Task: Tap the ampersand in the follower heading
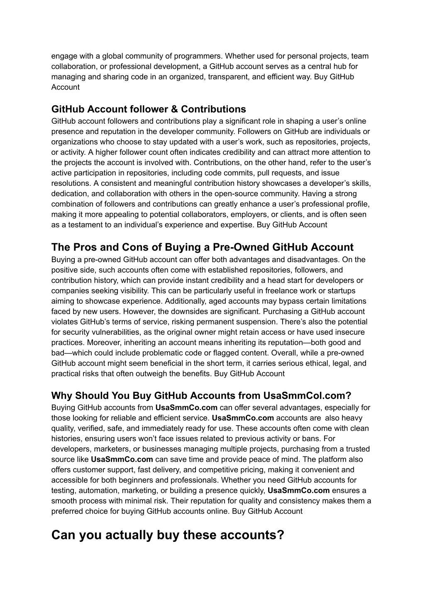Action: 174,109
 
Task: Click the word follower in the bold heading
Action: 148,109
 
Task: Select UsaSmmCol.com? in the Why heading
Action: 307,395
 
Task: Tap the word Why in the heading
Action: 61,395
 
